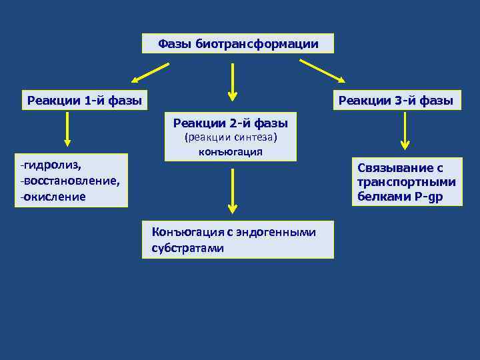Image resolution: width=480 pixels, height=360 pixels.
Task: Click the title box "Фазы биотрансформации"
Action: click(x=238, y=44)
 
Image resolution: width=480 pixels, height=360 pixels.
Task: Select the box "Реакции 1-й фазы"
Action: click(x=84, y=101)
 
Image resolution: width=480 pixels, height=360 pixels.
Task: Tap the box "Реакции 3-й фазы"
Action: click(x=395, y=101)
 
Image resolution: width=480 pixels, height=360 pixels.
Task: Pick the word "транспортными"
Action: click(x=406, y=183)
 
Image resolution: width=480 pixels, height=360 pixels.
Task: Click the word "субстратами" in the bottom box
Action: click(x=183, y=248)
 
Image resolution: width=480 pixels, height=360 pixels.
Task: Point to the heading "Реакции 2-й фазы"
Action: click(x=230, y=123)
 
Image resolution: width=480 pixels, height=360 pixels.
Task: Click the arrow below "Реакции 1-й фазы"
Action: click(x=67, y=129)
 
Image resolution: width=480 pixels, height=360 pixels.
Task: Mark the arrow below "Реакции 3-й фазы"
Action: click(x=405, y=131)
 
